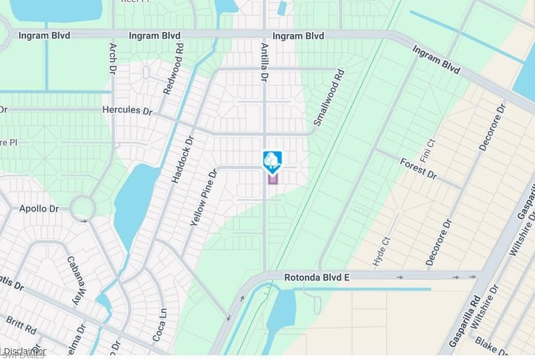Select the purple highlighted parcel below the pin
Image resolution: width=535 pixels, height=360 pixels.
(x=273, y=178)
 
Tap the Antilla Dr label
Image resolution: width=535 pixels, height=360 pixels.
(x=264, y=61)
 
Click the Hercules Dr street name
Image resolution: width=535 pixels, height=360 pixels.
(x=127, y=110)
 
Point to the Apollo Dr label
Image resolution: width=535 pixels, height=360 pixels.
(x=39, y=209)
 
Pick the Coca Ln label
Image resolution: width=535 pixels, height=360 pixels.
(x=158, y=325)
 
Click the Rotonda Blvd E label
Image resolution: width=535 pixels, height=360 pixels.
(x=317, y=276)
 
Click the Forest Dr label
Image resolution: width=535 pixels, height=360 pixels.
(x=418, y=168)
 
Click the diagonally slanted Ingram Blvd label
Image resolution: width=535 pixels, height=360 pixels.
(x=436, y=60)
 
